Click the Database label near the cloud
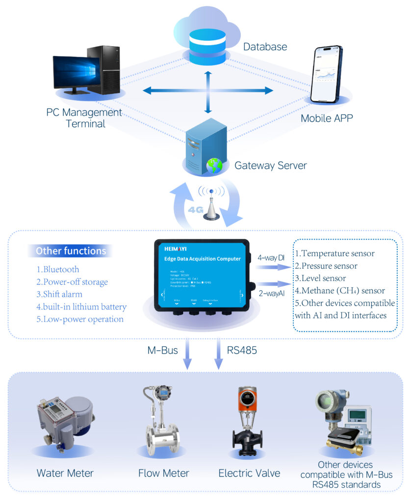[x=265, y=47]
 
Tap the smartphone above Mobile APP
[x=328, y=74]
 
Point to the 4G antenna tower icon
[x=211, y=204]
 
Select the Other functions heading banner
[x=70, y=251]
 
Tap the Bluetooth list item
[x=57, y=269]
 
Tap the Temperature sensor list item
[x=334, y=253]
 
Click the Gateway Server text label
[x=270, y=165]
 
